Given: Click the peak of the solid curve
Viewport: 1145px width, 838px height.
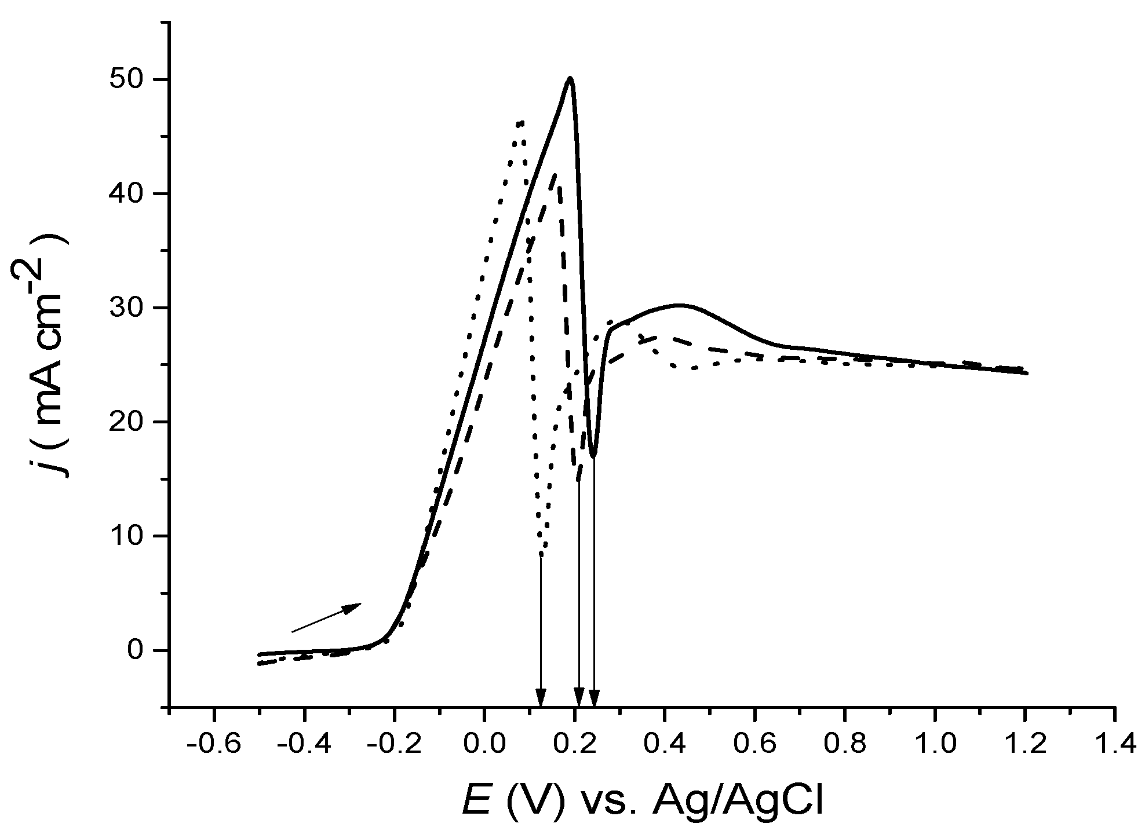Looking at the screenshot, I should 571,78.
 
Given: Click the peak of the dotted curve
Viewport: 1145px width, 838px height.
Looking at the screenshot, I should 521,123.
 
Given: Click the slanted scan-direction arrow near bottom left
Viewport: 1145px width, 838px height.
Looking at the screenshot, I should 326,617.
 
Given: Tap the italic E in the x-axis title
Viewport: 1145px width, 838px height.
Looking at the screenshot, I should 476,802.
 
